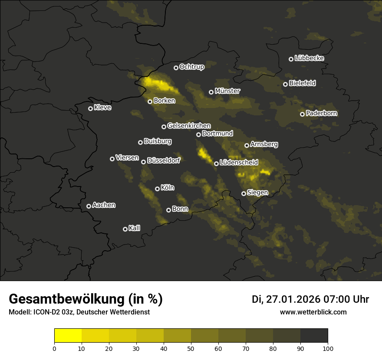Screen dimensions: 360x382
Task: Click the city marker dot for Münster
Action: (211, 92)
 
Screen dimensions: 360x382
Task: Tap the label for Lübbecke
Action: (309, 58)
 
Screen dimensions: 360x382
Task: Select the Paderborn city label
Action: (321, 113)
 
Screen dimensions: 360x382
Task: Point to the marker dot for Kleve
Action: (90, 108)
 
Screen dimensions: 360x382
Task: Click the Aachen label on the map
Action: (104, 205)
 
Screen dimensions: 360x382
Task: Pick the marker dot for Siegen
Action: (244, 193)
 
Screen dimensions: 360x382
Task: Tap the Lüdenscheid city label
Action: (239, 163)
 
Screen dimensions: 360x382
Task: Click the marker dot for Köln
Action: (158, 189)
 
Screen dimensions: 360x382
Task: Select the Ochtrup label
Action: (191, 67)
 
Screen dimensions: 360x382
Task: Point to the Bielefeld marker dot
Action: (285, 84)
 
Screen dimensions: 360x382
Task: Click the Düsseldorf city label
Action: (163, 160)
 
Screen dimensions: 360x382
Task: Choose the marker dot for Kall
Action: (125, 229)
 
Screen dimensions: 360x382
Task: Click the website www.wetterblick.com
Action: (313, 312)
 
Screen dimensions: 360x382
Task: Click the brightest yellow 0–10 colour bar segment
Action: (68, 336)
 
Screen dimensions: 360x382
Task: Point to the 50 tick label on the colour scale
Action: (191, 348)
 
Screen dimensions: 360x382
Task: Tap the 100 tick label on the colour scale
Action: (328, 348)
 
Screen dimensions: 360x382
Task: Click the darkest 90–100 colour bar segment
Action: (314, 336)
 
